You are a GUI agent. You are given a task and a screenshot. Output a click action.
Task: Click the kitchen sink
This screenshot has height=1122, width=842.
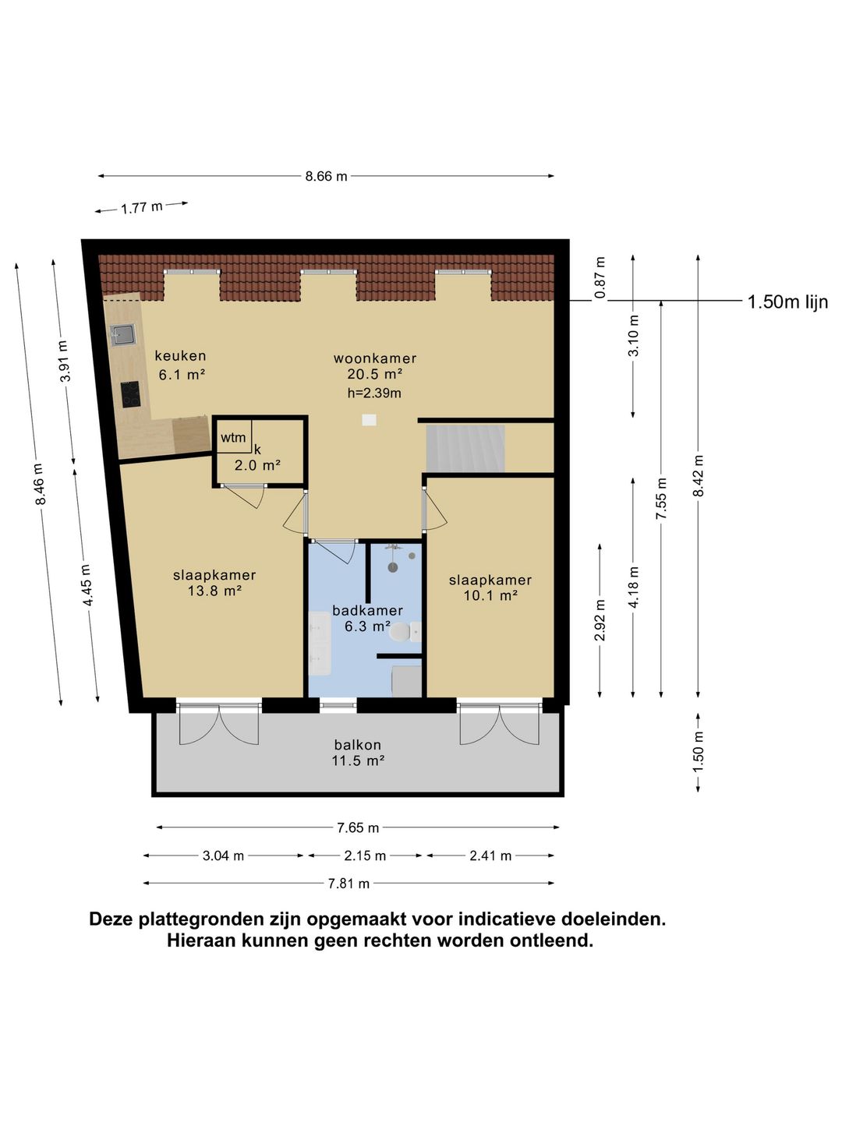(x=122, y=335)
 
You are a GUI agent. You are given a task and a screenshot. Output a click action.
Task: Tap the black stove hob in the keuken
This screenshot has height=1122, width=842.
(x=130, y=393)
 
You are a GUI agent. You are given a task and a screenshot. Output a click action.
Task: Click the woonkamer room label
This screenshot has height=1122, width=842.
(x=375, y=358)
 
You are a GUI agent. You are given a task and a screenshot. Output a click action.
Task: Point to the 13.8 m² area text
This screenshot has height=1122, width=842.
(x=214, y=591)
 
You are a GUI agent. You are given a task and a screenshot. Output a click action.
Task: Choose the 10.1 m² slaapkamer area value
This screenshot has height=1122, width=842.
(x=490, y=596)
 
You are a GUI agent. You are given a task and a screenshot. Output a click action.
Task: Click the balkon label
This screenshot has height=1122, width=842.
(x=358, y=745)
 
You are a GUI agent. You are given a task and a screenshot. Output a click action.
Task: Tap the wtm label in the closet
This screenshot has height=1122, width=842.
(x=233, y=438)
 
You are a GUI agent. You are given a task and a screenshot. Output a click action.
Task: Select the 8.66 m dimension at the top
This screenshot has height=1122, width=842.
(x=326, y=176)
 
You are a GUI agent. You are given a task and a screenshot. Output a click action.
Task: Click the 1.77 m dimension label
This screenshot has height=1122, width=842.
(x=142, y=208)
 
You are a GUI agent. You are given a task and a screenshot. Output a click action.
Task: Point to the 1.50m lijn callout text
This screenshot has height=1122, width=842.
(x=787, y=302)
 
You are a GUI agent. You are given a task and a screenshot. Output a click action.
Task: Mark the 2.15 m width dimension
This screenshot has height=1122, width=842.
(x=365, y=856)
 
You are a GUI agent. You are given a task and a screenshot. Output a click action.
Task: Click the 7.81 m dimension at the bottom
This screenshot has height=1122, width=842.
(x=348, y=884)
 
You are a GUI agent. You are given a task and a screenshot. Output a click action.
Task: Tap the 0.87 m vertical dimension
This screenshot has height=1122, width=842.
(x=600, y=278)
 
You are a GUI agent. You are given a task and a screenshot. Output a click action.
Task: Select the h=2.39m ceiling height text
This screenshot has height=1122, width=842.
(x=374, y=393)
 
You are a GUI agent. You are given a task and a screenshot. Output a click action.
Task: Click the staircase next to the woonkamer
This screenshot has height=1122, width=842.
(x=465, y=448)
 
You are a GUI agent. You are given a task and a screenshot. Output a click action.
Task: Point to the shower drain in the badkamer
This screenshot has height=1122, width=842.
(x=393, y=567)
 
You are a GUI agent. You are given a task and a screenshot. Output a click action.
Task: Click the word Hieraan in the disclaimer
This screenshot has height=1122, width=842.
(x=201, y=940)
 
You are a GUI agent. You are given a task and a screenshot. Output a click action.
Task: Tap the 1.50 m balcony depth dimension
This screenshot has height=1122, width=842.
(x=698, y=752)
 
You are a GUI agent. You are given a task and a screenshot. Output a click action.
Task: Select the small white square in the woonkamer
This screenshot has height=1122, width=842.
(x=369, y=420)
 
